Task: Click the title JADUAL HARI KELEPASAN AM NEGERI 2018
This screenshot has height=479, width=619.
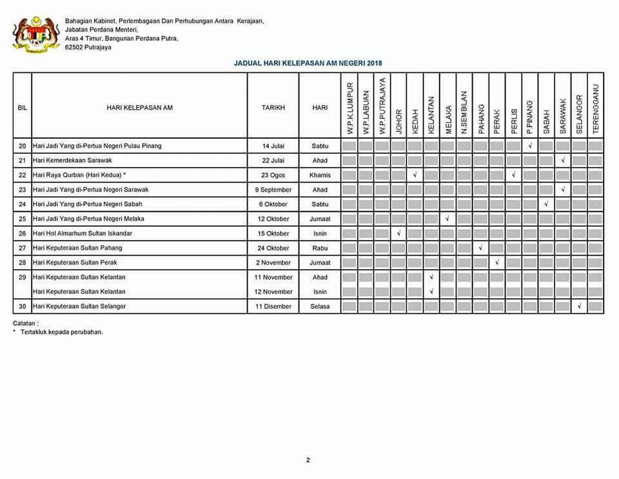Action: tap(308, 63)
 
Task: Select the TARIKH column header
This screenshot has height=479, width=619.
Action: tap(273, 108)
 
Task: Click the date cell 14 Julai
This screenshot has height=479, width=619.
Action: tap(273, 146)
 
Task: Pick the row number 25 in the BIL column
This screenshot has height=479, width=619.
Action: tap(22, 219)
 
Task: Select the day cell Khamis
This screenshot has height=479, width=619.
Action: tap(320, 175)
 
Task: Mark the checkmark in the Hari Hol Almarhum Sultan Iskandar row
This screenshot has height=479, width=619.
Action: tap(399, 233)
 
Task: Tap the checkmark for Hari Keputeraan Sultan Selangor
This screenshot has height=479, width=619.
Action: tap(580, 306)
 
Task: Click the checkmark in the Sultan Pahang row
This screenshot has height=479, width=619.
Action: tap(481, 248)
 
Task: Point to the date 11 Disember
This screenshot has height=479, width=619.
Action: tap(273, 306)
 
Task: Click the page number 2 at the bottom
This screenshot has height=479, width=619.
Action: tap(308, 460)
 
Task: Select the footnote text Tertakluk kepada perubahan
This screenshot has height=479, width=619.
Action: tap(60, 332)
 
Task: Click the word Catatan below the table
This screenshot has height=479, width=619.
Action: tap(25, 323)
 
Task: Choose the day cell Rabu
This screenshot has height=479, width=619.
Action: tap(320, 248)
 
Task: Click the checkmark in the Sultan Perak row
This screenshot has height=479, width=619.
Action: tap(497, 263)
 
